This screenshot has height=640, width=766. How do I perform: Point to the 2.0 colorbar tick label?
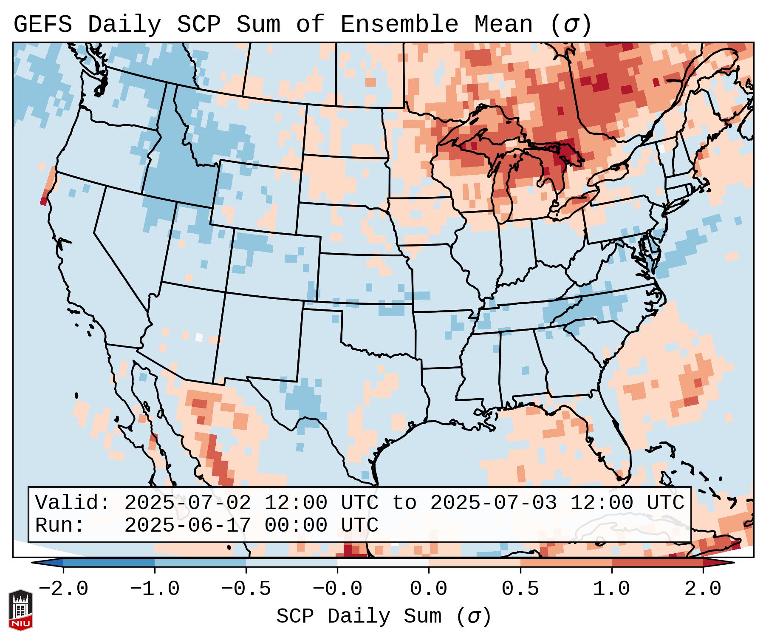click(703, 589)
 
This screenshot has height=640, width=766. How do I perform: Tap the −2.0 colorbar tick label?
click(63, 589)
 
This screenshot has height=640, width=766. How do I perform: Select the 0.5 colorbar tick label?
click(520, 589)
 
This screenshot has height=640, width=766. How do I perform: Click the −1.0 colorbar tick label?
click(155, 589)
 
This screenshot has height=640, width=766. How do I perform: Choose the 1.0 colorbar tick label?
click(611, 589)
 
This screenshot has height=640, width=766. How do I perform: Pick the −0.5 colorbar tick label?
click(246, 589)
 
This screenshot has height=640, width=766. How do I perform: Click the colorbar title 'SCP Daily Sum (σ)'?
click(384, 617)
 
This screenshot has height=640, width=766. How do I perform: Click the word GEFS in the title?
click(42, 25)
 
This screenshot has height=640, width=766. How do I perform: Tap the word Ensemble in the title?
click(399, 25)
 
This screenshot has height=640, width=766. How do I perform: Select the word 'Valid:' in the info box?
click(73, 503)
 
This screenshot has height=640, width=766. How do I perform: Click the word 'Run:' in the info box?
click(60, 526)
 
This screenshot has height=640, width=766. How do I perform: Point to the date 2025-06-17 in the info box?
click(187, 526)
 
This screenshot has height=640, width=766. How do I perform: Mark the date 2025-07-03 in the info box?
click(493, 503)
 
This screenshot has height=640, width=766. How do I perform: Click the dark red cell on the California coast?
click(43, 201)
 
